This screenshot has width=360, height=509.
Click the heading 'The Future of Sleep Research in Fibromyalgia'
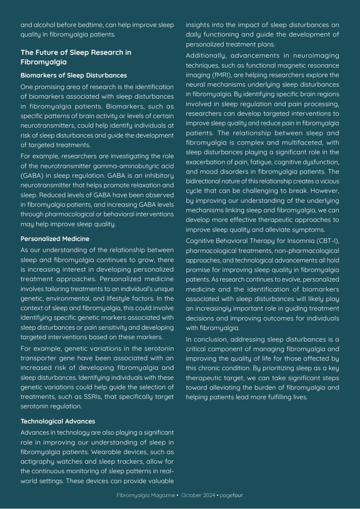click(76, 57)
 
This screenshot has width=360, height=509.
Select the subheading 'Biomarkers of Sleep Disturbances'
click(74, 75)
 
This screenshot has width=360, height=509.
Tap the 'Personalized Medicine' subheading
click(55, 239)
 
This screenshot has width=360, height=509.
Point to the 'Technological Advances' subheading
click(58, 421)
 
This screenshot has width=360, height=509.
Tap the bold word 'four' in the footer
click(238, 495)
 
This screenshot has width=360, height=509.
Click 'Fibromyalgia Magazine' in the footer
click(146, 495)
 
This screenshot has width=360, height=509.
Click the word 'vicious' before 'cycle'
click(329, 181)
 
